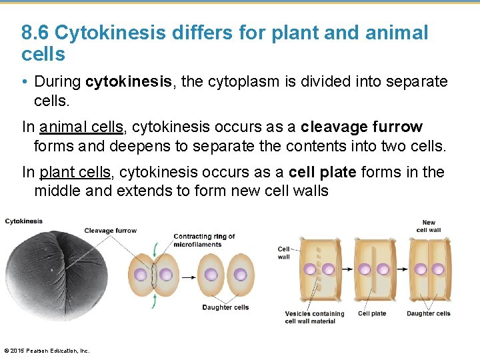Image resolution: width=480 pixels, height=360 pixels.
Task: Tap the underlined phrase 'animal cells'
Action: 81,127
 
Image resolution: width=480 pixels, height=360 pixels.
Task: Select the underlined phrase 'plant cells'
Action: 75,172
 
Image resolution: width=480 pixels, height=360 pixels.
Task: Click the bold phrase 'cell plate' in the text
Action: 323,172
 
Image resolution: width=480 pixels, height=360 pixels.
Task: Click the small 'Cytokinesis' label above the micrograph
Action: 23,221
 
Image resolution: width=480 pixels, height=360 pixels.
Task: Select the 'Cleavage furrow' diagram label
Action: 110,231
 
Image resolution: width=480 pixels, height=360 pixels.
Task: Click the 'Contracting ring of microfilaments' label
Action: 204,240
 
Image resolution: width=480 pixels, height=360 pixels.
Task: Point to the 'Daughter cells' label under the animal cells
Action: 225,307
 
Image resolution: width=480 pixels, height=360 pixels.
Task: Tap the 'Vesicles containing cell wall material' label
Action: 315,317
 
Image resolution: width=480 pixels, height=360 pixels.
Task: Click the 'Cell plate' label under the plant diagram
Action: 372,313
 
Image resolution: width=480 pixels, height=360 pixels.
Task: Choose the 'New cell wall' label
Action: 428,227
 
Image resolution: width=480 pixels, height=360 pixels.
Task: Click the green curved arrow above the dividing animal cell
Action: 155,250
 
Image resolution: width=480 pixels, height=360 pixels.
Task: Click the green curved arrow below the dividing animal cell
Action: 155,302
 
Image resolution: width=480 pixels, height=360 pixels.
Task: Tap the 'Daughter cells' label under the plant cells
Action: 428,313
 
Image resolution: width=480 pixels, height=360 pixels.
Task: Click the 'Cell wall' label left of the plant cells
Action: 284,253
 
